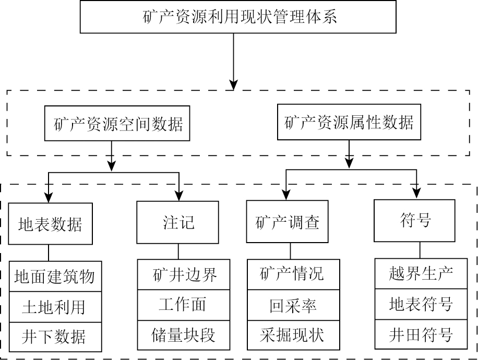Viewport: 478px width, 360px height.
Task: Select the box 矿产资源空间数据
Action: click(x=118, y=124)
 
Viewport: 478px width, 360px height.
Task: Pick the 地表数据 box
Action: click(x=50, y=224)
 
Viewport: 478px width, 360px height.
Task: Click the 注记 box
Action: click(x=178, y=222)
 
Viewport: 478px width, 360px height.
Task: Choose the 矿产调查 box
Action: click(x=287, y=223)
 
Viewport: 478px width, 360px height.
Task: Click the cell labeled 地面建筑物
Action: click(x=54, y=275)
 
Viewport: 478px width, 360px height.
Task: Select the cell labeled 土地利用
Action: click(x=54, y=306)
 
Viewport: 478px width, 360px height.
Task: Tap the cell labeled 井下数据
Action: click(x=54, y=336)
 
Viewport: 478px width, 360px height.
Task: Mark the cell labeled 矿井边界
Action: click(x=184, y=274)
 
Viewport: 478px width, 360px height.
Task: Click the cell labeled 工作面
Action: click(x=184, y=305)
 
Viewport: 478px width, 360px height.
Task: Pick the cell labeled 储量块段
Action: click(x=184, y=335)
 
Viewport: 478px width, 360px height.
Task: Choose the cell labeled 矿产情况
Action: click(x=292, y=273)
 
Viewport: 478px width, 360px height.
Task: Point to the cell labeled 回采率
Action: click(x=292, y=305)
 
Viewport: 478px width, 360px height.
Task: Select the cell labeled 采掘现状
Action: click(x=292, y=335)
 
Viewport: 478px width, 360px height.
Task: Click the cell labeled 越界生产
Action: click(x=421, y=273)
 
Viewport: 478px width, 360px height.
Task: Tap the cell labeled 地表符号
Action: click(x=421, y=304)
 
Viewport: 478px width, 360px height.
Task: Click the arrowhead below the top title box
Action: click(x=234, y=83)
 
